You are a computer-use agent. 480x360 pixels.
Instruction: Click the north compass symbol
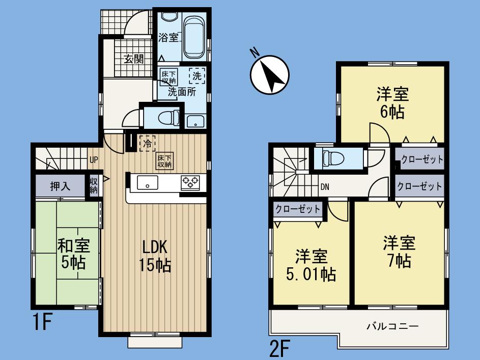pyautogui.click(x=269, y=74)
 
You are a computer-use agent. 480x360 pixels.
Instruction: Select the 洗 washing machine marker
pyautogui.click(x=197, y=76)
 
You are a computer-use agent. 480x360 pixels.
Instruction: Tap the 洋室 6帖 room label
pyautogui.click(x=392, y=102)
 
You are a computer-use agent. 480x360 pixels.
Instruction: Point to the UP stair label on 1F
pyautogui.click(x=94, y=160)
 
